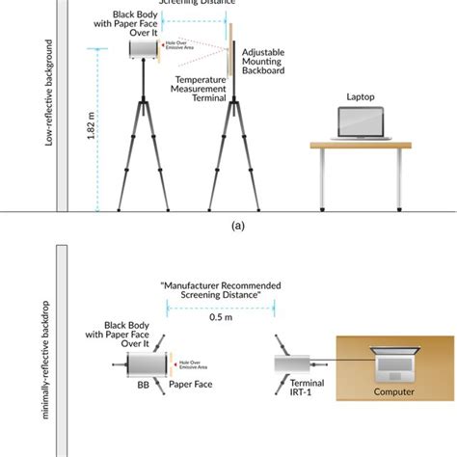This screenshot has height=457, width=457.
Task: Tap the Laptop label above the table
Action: click(x=363, y=97)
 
